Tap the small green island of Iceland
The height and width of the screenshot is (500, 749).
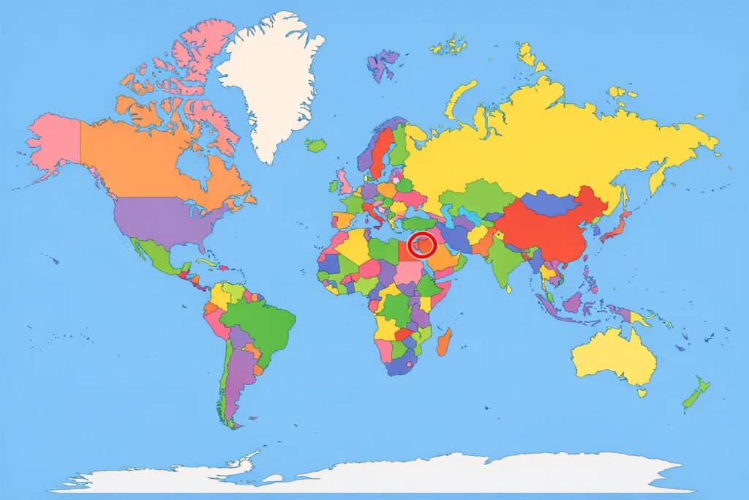(316, 145)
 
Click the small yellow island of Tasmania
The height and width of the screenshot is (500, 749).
(641, 392)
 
